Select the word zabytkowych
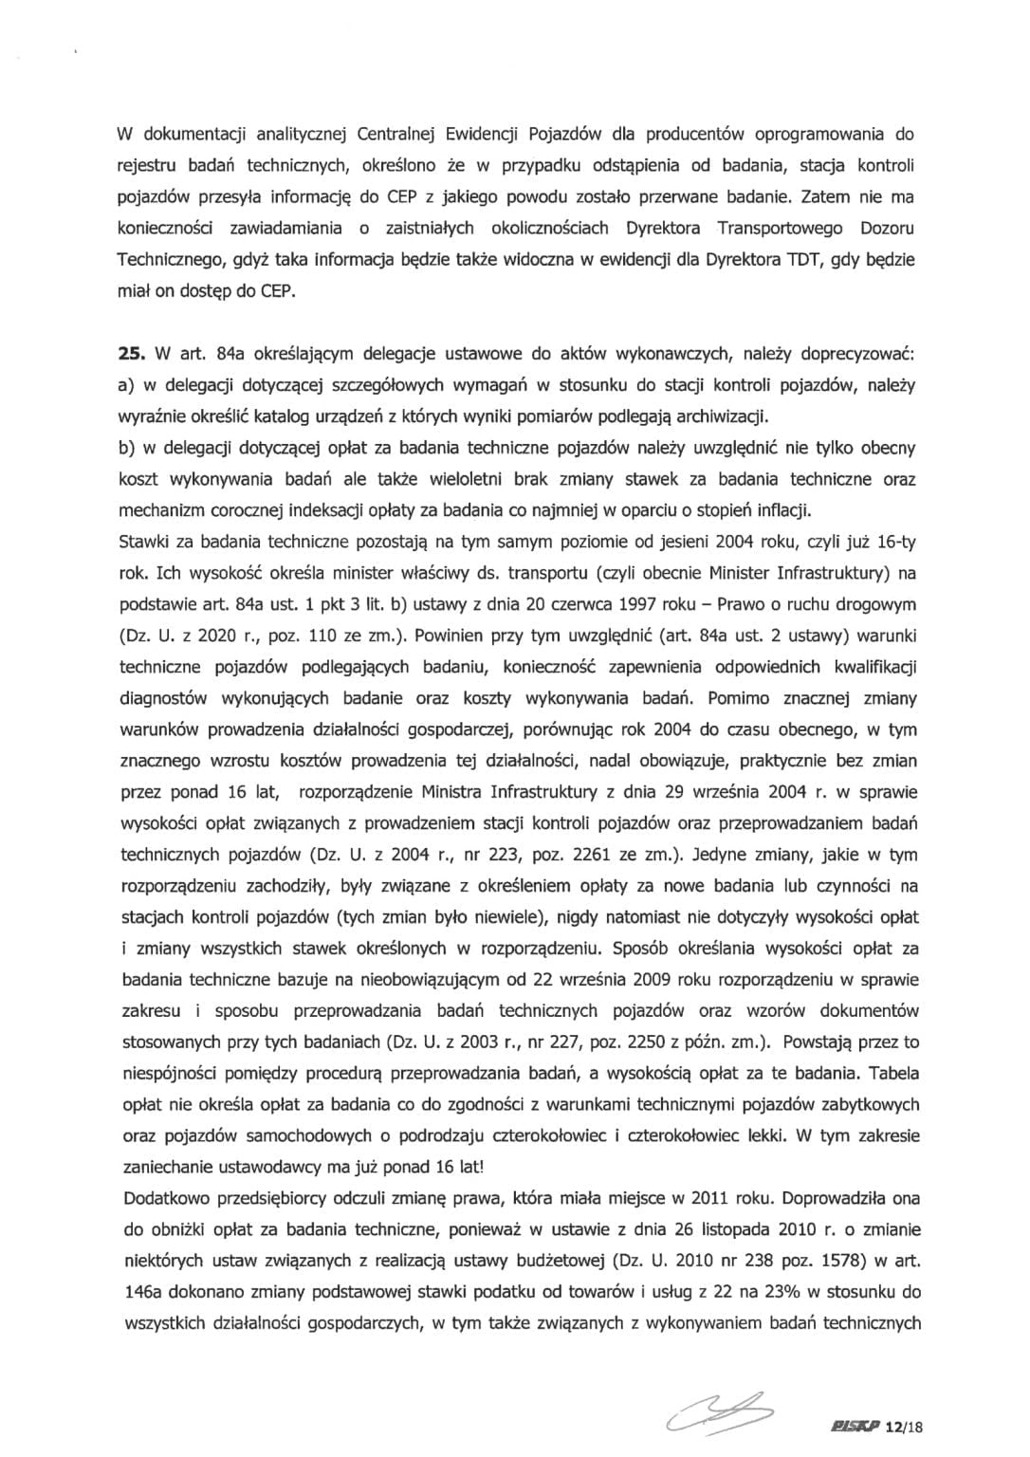(868, 1104)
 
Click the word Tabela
(892, 1073)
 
